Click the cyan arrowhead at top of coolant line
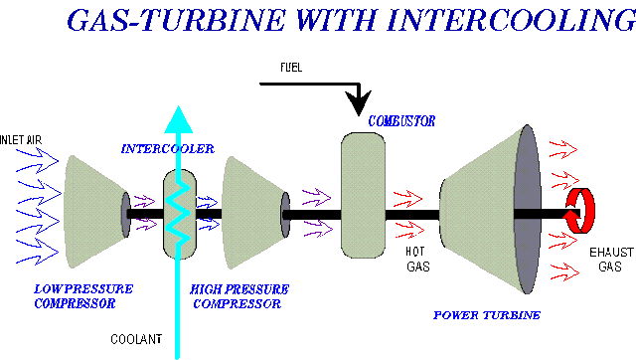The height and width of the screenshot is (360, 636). tap(178, 118)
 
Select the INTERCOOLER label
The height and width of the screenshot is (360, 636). tap(167, 149)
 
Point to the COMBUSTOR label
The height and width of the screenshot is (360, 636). tap(401, 121)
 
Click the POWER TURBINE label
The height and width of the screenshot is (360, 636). tap(486, 315)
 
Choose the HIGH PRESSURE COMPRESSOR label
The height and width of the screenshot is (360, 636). tap(237, 295)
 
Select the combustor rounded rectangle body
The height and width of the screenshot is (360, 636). tap(363, 195)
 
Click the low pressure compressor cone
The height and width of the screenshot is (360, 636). tap(93, 210)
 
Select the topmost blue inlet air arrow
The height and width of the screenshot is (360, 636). tap(38, 155)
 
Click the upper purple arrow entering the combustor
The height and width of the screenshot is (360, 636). tap(318, 196)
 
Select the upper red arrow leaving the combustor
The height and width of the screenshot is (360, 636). tap(408, 196)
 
